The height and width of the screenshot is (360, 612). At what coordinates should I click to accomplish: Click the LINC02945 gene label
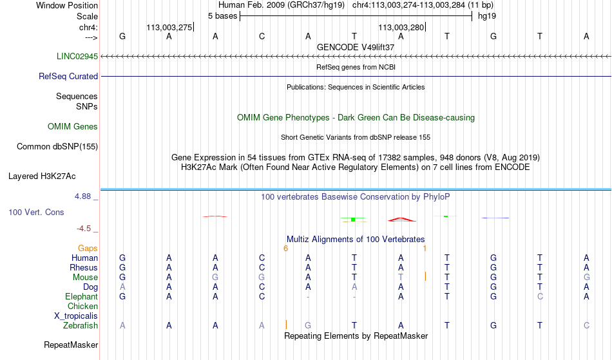77,56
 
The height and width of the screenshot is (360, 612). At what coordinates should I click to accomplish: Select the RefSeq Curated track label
68,76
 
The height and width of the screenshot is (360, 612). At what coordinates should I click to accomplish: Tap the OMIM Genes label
73,126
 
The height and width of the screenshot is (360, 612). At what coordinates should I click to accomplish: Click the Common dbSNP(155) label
57,146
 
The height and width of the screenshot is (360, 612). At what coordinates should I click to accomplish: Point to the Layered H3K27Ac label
42,176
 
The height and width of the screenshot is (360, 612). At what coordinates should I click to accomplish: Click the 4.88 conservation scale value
82,196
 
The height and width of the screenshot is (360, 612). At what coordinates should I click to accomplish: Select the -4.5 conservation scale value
84,228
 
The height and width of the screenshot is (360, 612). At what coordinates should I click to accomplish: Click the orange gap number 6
285,249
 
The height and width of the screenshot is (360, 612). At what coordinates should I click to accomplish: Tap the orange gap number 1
425,249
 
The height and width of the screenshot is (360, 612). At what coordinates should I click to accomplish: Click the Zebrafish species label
81,325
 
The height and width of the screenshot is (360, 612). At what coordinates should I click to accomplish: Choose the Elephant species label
82,296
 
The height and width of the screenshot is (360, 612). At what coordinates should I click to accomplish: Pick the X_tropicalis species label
76,316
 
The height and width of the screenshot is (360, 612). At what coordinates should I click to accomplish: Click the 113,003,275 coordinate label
169,27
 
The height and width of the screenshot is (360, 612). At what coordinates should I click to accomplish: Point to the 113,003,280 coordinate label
401,27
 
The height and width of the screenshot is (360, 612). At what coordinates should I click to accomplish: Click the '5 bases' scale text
222,16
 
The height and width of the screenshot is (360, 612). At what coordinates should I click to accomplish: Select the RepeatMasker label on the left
71,345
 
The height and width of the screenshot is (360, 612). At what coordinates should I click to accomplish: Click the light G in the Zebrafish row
308,325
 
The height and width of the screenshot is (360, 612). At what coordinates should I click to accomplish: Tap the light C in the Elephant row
540,296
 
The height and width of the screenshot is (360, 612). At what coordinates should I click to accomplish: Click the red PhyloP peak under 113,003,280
401,219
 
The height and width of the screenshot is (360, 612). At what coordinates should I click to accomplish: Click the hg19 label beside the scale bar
487,16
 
